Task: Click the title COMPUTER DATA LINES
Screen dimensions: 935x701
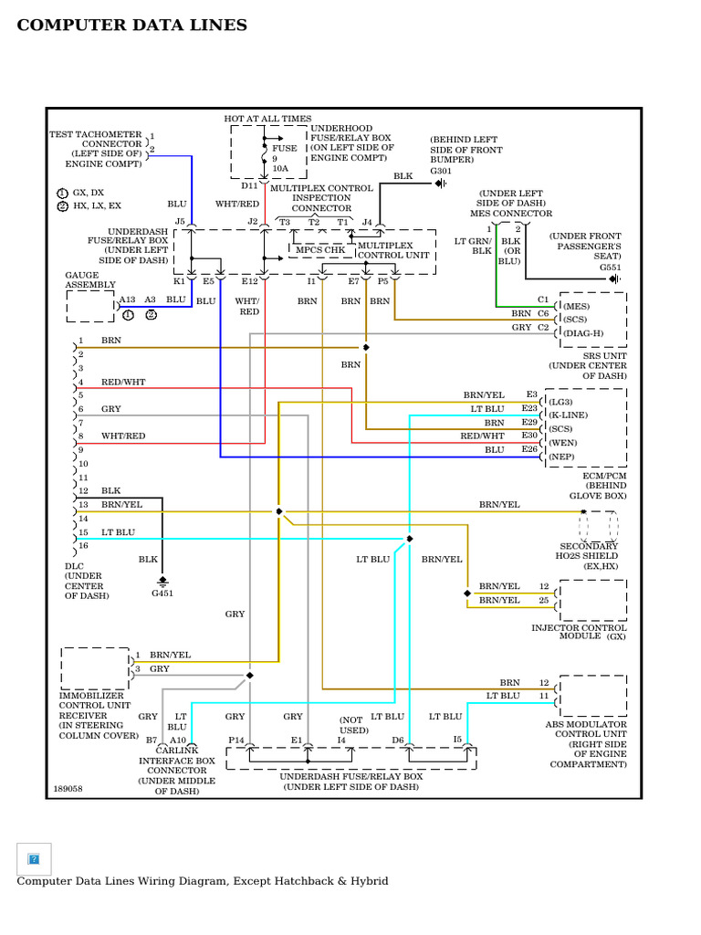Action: click(x=132, y=26)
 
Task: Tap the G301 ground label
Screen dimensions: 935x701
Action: click(x=442, y=171)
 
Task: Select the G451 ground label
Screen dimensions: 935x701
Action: click(x=162, y=593)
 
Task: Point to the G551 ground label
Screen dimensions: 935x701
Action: click(x=611, y=268)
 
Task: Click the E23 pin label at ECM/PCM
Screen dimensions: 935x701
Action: click(x=529, y=409)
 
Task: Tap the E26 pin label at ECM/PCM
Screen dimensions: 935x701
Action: click(x=529, y=449)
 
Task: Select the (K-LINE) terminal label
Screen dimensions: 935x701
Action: click(x=567, y=415)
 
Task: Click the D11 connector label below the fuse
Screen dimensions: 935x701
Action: click(x=249, y=185)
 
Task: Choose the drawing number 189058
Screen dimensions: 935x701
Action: click(x=68, y=788)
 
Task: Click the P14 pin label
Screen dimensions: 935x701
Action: click(x=236, y=740)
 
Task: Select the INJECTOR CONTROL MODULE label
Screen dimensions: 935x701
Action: click(x=580, y=632)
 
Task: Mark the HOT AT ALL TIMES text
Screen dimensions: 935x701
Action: click(x=267, y=119)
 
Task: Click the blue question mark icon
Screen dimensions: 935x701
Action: click(x=34, y=859)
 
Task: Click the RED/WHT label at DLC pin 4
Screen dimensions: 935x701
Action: click(x=123, y=382)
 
